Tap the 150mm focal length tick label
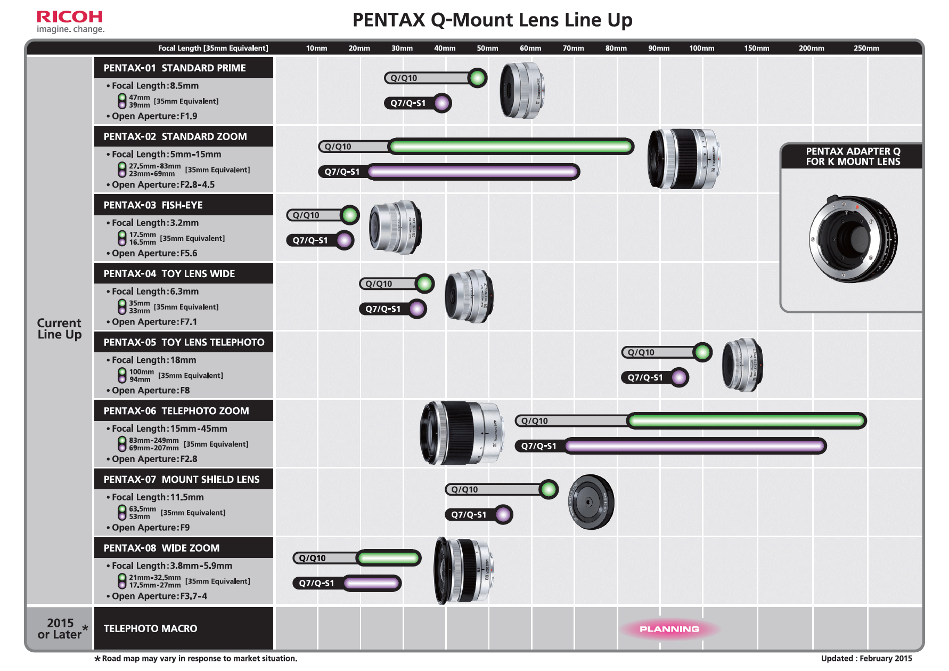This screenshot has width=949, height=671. (x=756, y=48)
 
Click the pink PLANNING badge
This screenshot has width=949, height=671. (x=669, y=629)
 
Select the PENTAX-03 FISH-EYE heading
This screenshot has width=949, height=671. (x=153, y=205)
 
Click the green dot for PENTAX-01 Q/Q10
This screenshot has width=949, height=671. (x=477, y=78)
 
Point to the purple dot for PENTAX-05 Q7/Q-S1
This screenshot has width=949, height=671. (x=678, y=377)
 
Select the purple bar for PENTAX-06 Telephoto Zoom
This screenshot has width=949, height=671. (x=695, y=446)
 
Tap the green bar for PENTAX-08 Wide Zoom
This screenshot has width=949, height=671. (x=389, y=558)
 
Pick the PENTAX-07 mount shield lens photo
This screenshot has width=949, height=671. (x=591, y=502)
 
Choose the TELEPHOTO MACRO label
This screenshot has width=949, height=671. (x=150, y=629)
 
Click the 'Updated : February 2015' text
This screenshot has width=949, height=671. (x=866, y=658)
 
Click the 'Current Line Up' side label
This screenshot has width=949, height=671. (x=59, y=329)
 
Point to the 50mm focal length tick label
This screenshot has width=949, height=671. (x=487, y=48)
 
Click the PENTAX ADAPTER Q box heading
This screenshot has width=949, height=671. (x=853, y=157)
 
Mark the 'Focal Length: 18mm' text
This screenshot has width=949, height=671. (x=154, y=360)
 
